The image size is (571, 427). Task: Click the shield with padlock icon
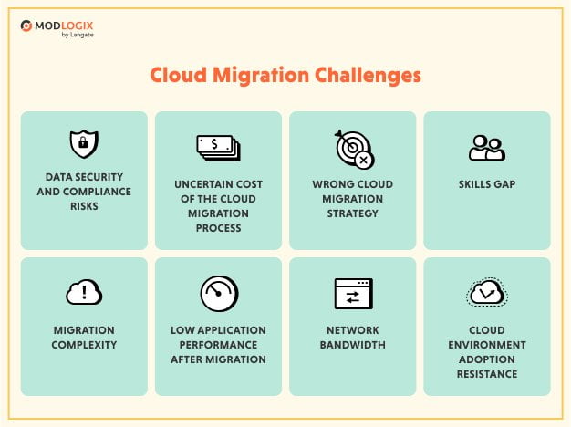(83, 144)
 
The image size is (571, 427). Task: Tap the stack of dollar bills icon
(218, 146)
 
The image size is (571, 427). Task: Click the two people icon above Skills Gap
(486, 147)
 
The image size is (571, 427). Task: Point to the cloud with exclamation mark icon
(84, 292)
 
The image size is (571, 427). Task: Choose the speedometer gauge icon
(218, 293)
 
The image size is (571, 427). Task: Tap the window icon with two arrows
(352, 293)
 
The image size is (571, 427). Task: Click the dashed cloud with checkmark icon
(486, 293)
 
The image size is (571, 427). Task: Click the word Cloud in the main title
(176, 76)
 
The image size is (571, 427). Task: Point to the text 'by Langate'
(77, 36)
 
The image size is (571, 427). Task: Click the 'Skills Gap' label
(486, 184)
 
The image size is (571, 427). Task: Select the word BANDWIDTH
(352, 346)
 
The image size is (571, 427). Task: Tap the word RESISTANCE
(486, 374)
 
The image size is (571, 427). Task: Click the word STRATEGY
(352, 213)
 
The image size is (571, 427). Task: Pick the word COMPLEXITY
(84, 346)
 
